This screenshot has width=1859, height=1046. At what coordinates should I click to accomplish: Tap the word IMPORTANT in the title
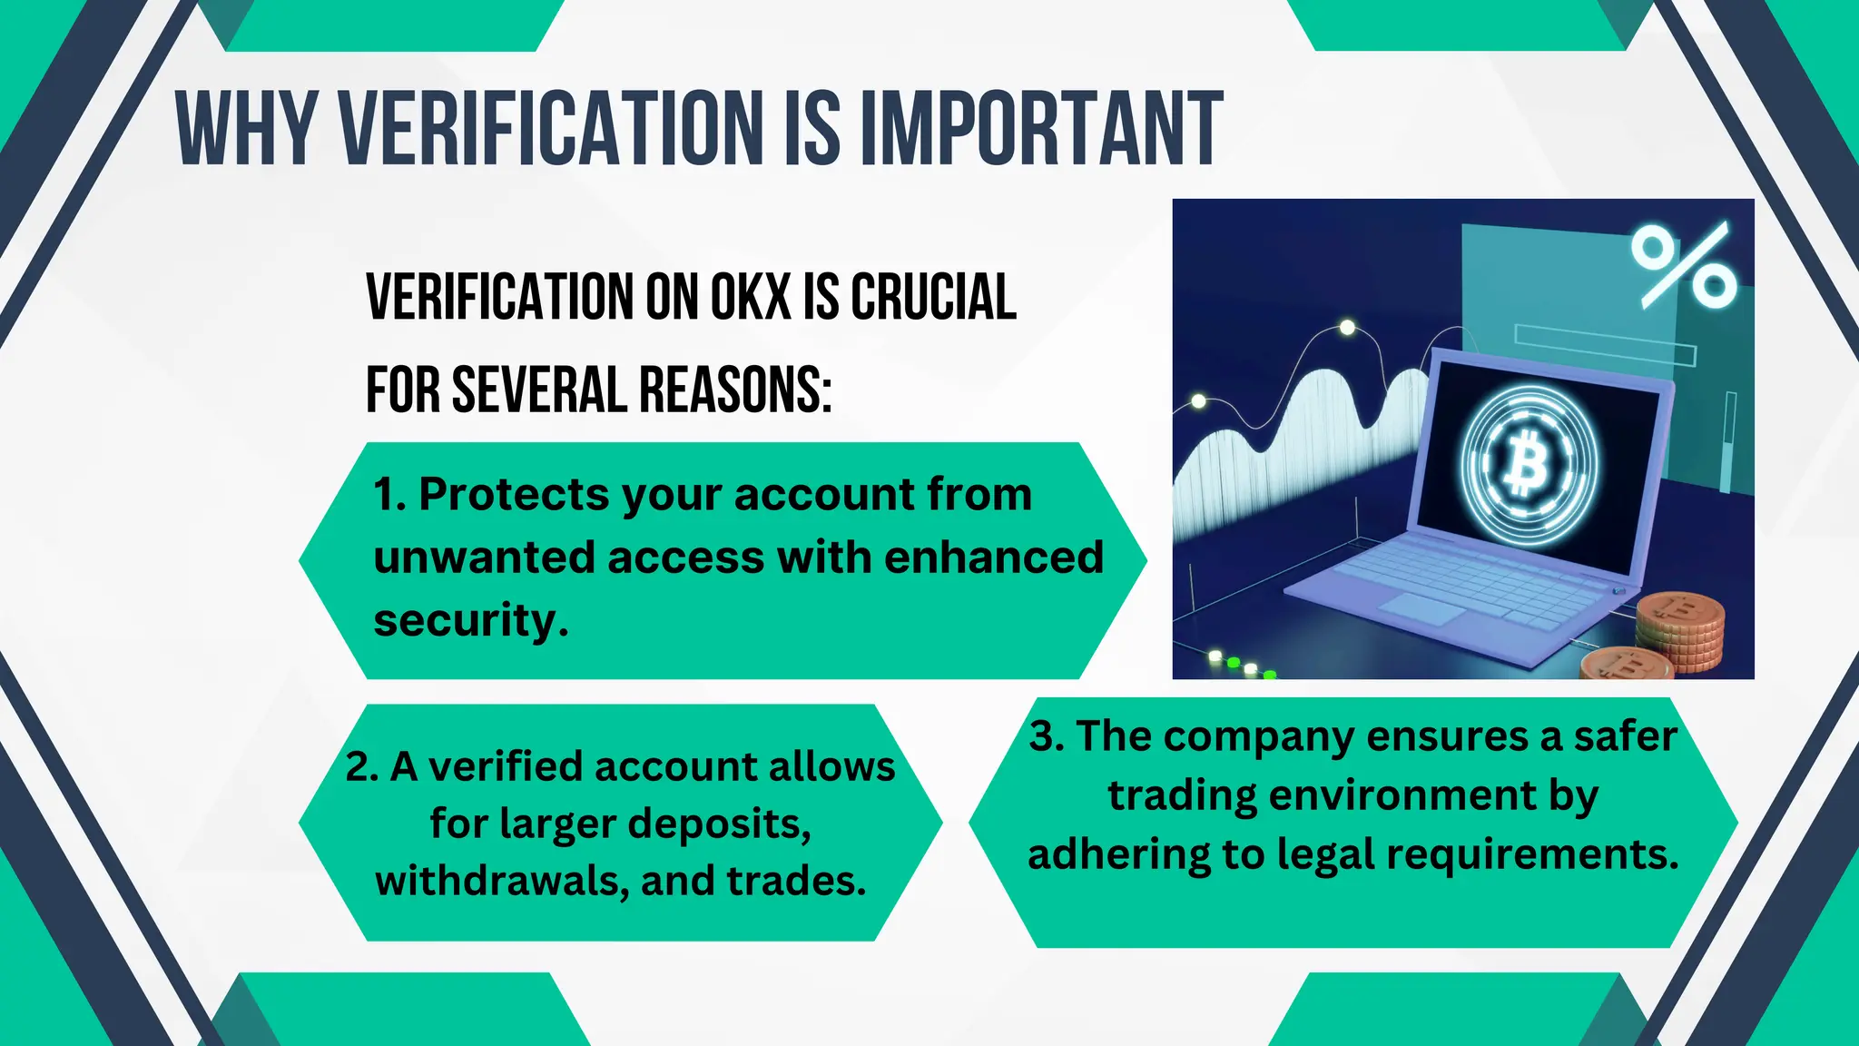click(1041, 128)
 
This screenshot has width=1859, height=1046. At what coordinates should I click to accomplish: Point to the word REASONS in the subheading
click(734, 390)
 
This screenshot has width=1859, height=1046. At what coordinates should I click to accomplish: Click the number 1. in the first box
click(389, 496)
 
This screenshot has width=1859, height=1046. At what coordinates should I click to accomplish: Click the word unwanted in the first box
click(483, 558)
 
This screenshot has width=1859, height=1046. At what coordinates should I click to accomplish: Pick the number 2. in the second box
click(362, 767)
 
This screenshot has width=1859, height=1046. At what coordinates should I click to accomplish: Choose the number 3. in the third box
click(1047, 736)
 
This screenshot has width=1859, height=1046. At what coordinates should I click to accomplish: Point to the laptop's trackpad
click(1422, 609)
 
